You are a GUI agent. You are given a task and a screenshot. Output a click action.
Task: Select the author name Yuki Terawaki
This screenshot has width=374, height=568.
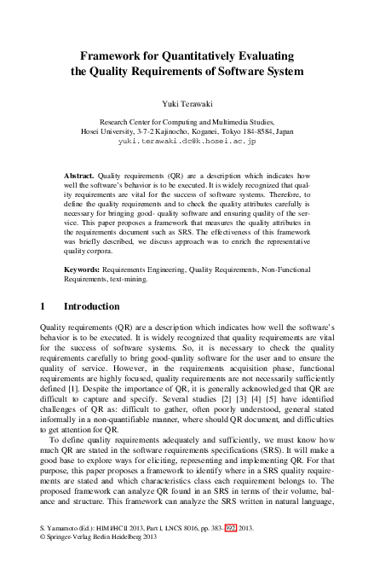187,100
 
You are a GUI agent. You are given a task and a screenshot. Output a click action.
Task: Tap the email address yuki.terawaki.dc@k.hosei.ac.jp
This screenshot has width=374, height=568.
187,143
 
